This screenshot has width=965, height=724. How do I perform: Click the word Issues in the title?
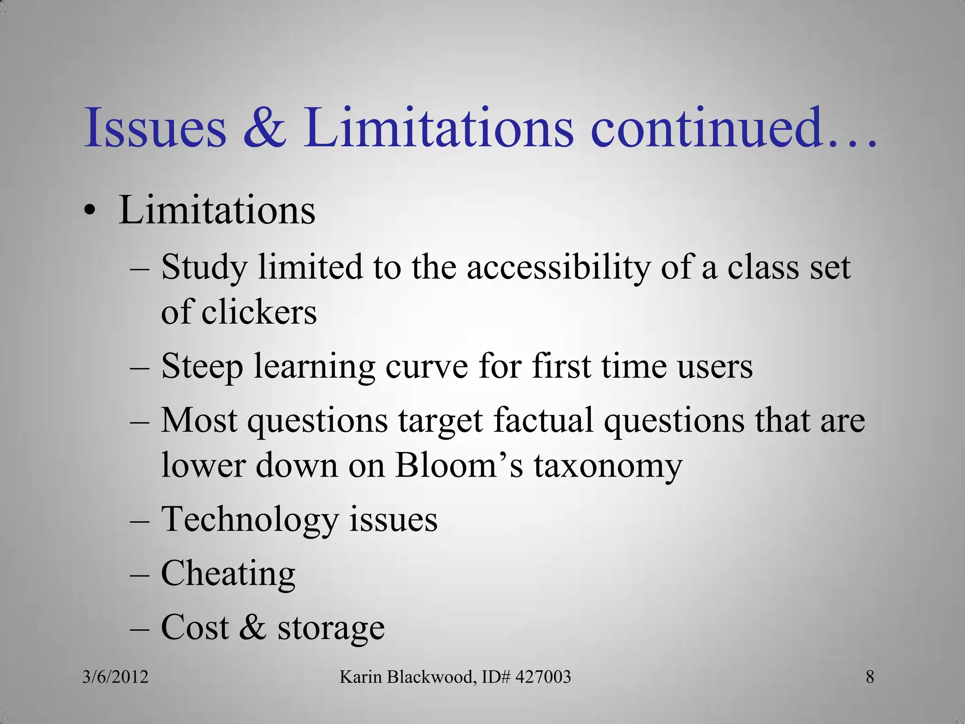pos(155,128)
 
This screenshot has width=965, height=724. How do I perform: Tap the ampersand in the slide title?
pos(265,128)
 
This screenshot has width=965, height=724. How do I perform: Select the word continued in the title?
pos(706,128)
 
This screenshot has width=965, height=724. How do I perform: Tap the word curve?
pos(426,366)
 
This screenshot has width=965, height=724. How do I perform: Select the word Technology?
pos(250,520)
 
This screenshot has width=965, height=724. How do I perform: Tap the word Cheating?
pos(228,574)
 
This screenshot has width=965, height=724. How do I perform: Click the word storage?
pos(331,628)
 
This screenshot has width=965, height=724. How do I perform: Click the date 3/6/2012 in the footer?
pos(115,677)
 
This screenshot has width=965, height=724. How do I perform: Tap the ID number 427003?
pos(543,677)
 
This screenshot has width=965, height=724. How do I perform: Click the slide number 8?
pos(870,677)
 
